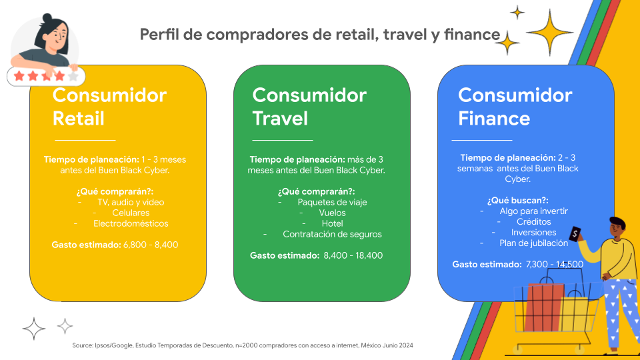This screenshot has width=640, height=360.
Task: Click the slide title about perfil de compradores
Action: (319, 35)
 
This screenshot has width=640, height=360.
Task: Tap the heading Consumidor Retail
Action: (109, 107)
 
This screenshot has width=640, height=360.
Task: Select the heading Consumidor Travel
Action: (309, 107)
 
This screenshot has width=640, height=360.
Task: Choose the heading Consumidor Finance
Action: (515, 107)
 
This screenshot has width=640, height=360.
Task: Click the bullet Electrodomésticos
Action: (131, 223)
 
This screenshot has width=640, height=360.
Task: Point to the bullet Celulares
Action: (131, 213)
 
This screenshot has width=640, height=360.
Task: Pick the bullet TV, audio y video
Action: (131, 202)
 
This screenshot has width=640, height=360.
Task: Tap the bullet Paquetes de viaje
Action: (332, 202)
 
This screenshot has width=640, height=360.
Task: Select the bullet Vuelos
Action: (332, 213)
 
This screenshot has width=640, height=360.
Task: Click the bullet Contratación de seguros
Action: (332, 234)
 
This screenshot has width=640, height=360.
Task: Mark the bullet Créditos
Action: (533, 221)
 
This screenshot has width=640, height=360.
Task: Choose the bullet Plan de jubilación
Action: (533, 243)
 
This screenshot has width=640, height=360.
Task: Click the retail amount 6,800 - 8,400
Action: (151, 245)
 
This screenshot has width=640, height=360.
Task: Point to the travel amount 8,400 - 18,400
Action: (353, 255)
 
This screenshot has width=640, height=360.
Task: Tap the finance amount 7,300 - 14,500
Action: (554, 264)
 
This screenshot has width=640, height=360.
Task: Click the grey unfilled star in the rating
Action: (73, 76)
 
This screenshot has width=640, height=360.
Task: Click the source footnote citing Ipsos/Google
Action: (243, 345)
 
